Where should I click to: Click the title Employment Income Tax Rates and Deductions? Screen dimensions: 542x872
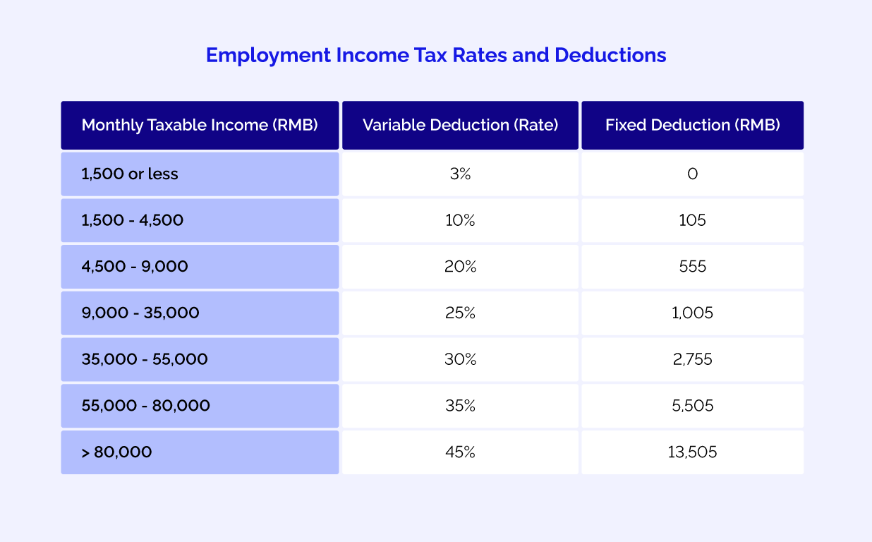(x=436, y=55)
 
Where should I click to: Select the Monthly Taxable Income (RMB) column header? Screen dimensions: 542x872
(x=200, y=125)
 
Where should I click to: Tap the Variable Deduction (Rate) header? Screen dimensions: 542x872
(x=460, y=125)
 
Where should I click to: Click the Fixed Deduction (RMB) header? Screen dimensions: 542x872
(x=692, y=125)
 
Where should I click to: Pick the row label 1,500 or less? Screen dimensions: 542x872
(x=130, y=174)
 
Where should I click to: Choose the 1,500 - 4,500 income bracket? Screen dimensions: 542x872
(x=133, y=220)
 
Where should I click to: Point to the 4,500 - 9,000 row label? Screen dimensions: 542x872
(x=135, y=267)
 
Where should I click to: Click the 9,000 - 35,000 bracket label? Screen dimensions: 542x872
(x=140, y=313)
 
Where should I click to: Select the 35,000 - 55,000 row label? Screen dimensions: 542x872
(x=145, y=359)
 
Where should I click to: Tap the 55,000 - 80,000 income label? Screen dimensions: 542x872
(x=146, y=406)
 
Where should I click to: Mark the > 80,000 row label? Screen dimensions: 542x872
(x=116, y=452)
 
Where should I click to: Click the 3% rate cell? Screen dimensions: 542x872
(x=460, y=174)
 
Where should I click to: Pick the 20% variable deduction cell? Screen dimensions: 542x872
(x=460, y=267)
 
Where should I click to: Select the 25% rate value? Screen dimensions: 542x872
(x=460, y=313)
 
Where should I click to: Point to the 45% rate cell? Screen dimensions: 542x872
(x=460, y=452)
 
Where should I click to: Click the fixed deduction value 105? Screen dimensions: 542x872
(x=692, y=220)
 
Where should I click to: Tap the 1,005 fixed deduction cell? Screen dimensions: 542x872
(x=692, y=313)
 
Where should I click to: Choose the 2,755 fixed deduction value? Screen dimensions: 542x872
(x=692, y=359)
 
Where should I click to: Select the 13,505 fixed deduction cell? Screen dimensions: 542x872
(x=692, y=452)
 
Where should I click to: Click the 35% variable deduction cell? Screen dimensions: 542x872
(x=460, y=406)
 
